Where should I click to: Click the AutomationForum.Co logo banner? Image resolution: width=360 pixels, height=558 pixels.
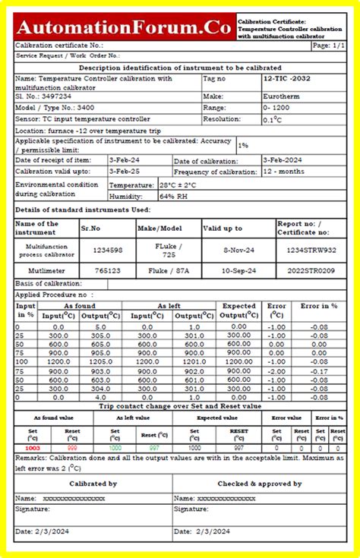pos(124,28)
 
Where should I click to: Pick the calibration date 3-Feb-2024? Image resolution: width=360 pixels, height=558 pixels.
pos(283,160)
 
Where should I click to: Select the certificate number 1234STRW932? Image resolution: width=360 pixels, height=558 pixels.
pos(307,249)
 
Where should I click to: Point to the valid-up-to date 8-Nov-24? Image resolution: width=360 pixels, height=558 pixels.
pos(238,249)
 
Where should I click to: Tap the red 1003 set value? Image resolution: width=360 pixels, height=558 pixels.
pos(32,448)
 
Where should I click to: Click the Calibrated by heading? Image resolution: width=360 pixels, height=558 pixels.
pos(93,483)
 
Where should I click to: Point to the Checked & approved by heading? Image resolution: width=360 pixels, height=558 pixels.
pos(260,483)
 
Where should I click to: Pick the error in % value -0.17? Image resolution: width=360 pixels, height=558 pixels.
pos(318,371)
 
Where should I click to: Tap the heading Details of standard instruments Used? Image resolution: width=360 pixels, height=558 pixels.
pos(83,209)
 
